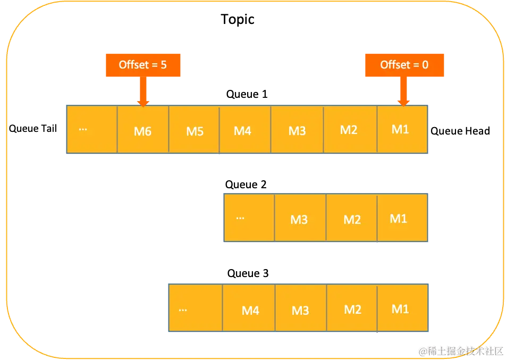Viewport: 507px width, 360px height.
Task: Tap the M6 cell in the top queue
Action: coord(143,130)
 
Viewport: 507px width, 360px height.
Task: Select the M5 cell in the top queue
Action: coord(194,130)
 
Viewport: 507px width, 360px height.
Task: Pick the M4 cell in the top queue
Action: coord(244,130)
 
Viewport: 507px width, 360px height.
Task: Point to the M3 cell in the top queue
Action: coord(297,130)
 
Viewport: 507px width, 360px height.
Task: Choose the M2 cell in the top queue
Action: coord(350,130)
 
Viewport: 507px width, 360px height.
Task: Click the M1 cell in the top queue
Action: coord(402,130)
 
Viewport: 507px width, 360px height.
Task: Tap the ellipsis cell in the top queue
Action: coord(91,130)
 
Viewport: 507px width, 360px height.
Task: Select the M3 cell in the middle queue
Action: coord(300,218)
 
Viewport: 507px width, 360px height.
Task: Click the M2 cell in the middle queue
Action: coord(351,218)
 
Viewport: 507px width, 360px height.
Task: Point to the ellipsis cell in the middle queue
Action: coord(249,218)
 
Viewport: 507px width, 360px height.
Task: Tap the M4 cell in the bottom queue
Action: coord(249,309)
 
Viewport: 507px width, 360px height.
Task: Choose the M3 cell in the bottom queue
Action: coord(300,309)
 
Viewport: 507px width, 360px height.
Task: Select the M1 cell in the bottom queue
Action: coord(402,309)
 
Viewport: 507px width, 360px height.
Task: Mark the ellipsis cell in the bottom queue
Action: coord(195,309)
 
